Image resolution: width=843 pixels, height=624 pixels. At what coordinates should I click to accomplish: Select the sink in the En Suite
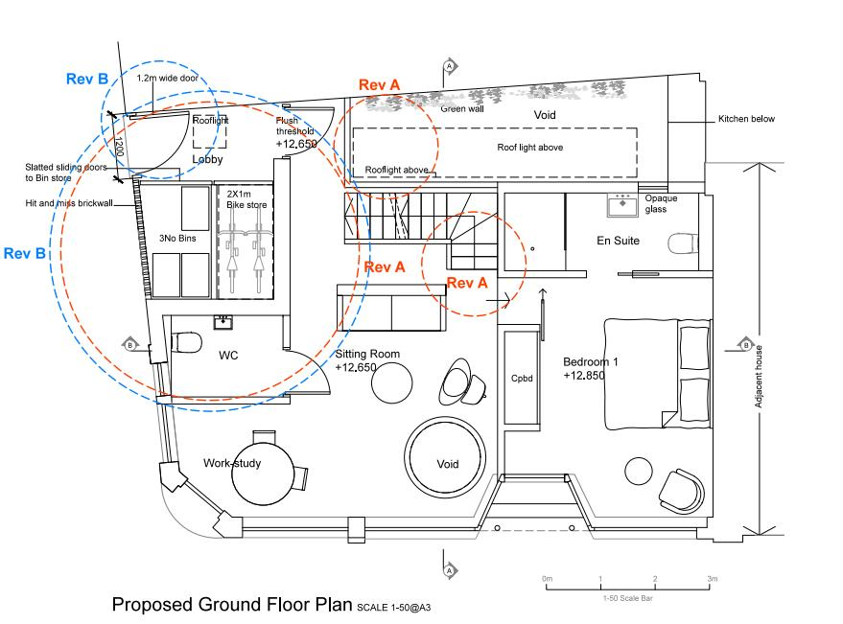pos(622,205)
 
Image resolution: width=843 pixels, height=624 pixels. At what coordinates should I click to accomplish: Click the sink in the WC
pos(222,322)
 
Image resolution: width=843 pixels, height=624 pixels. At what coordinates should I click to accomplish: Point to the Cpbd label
pos(522,379)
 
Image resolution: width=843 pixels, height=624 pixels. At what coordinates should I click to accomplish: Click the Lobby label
pos(207,160)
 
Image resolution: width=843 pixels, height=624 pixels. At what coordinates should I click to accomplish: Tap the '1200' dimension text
pos(119,147)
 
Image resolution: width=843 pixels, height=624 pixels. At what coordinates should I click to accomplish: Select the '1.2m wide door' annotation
pos(167,78)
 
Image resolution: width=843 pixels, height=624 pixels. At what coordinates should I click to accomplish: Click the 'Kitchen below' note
pos(746,119)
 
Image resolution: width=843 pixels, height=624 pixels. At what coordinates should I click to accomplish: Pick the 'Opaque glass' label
pos(661,204)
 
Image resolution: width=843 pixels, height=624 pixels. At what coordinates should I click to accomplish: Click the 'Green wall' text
pos(462,109)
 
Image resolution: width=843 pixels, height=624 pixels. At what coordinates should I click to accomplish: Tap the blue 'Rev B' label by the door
pos(87,79)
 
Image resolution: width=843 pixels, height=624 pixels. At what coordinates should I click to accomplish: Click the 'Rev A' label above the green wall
pos(380,85)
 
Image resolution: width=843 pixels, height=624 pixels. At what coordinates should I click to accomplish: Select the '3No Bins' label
pos(177,238)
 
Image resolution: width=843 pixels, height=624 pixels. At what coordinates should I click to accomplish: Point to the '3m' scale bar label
pos(712,579)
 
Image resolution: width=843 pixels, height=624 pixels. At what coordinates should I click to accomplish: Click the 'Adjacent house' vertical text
pos(759,377)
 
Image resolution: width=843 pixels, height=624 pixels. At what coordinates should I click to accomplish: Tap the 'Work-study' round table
pos(263,473)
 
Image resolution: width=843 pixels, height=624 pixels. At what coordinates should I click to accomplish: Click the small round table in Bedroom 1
pos(639,471)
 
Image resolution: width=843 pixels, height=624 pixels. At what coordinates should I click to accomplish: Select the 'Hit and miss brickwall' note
pos(69,203)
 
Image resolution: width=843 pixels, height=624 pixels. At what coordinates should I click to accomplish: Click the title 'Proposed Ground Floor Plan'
pos(232,604)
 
